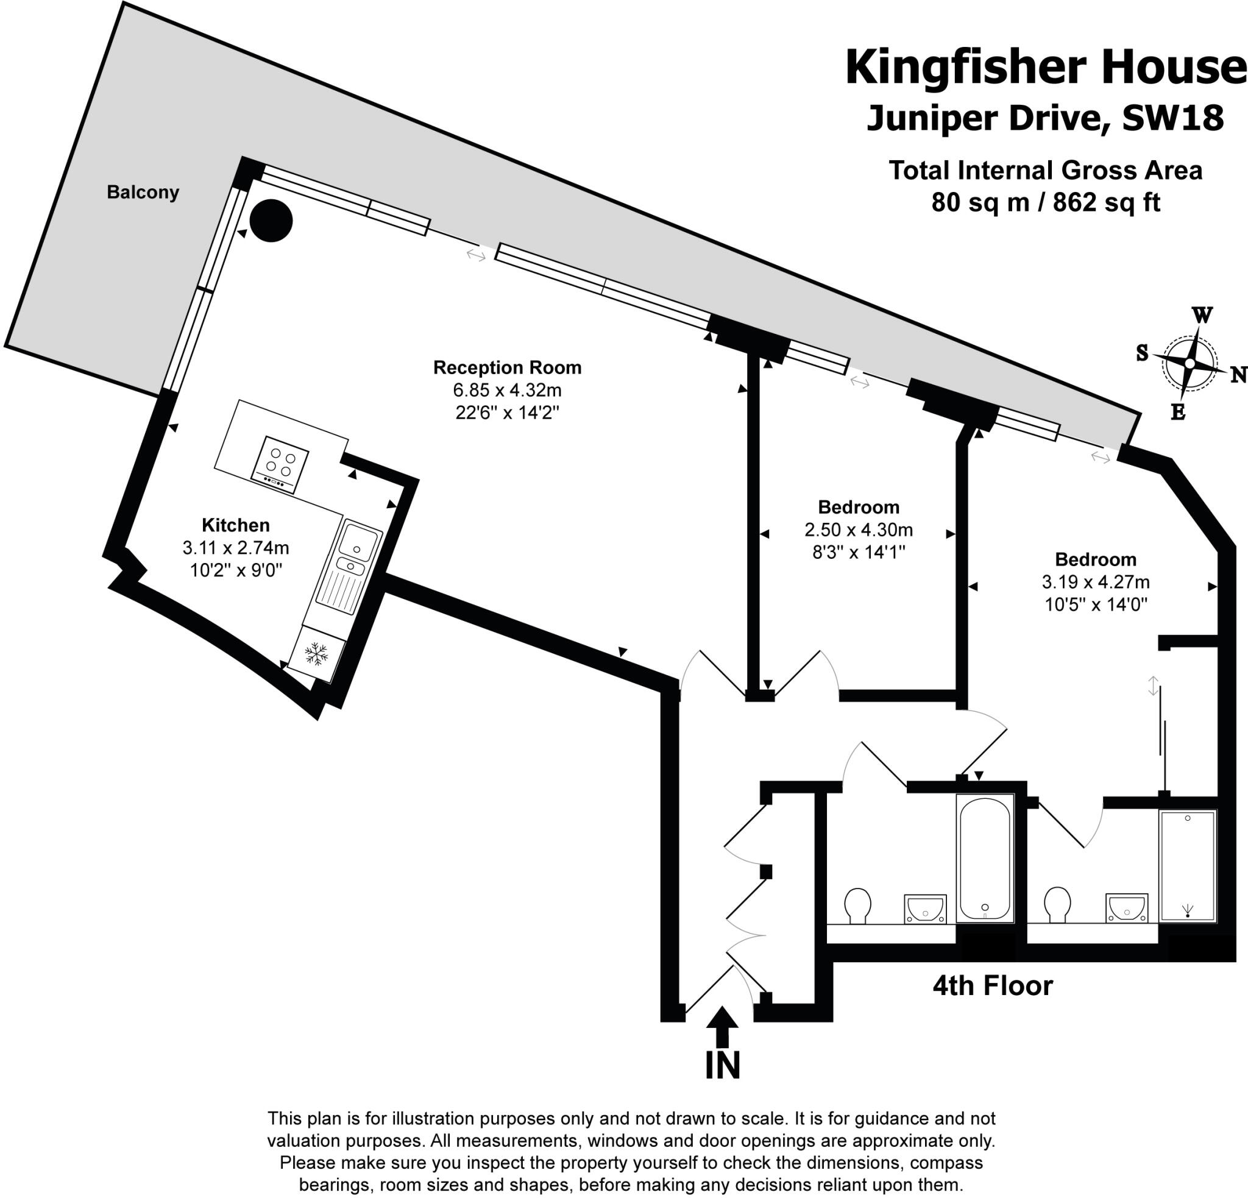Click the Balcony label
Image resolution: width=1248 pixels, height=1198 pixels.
click(143, 192)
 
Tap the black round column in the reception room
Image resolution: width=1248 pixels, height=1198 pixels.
click(271, 220)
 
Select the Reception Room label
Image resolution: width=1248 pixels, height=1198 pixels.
click(507, 367)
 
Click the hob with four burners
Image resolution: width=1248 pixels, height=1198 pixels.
click(281, 463)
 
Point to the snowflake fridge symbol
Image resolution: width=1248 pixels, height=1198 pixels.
click(316, 653)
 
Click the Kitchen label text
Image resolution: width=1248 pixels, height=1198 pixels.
click(236, 525)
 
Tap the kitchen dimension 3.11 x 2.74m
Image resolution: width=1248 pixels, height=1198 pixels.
click(236, 547)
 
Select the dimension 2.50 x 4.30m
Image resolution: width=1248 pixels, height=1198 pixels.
click(859, 530)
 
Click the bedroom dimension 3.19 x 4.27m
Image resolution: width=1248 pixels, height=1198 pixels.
click(1095, 582)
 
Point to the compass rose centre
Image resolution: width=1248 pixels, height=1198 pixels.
click(1189, 363)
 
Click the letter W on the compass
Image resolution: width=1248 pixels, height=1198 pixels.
click(1201, 315)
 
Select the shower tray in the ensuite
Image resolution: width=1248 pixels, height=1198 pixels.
click(1188, 866)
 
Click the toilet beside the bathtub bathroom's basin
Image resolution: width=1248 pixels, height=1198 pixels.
click(857, 904)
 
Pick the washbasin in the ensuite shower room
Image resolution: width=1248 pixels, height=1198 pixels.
click(1126, 908)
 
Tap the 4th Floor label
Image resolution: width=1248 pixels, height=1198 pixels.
click(993, 986)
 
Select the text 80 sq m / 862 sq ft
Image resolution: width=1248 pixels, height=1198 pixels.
click(1045, 202)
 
